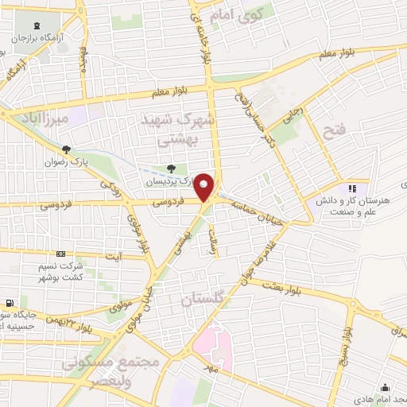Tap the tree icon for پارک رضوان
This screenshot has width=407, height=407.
[66, 149]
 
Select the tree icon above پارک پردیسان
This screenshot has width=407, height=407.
[171, 169]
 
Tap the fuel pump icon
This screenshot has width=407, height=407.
[9, 304]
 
